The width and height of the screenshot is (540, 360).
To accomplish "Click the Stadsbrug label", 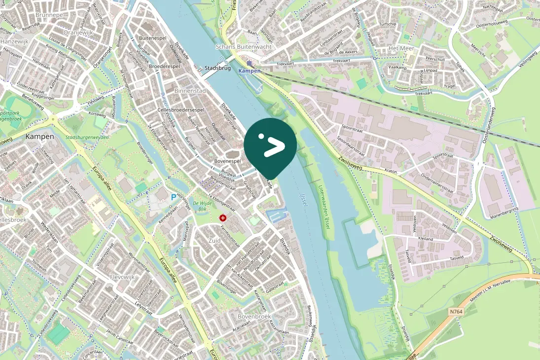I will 217,68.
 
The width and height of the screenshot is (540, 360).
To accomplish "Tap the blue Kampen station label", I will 249,71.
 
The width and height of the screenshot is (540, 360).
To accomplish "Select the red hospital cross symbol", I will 223,217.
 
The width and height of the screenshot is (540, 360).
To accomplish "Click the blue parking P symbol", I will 173,197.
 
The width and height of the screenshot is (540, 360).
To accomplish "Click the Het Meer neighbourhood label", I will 401,48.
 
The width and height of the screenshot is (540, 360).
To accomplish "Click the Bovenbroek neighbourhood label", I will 254,316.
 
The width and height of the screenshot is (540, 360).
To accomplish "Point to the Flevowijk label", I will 122,277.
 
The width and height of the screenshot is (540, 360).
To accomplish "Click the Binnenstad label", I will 190,91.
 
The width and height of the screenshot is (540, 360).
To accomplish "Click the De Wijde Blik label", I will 202,206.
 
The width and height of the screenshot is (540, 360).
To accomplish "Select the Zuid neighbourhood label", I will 215,241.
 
